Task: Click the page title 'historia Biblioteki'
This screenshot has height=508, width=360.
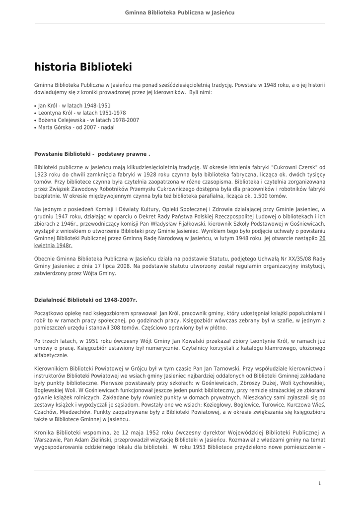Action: point(83,67)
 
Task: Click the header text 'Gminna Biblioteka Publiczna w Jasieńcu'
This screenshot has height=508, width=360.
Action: point(180,12)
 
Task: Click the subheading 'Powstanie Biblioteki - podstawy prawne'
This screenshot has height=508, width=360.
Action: point(92,154)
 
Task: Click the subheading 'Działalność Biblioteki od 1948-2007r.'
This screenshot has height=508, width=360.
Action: point(85,300)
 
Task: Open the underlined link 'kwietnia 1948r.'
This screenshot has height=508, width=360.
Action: point(53,246)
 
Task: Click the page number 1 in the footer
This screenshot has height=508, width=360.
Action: point(320,483)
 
